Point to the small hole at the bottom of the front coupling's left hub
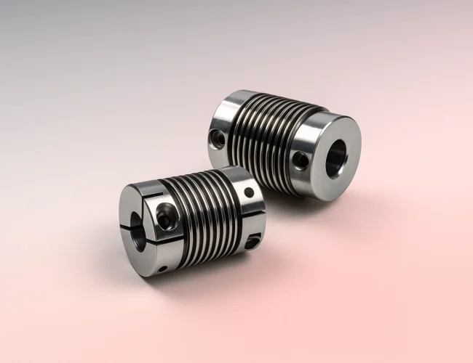click(162, 269)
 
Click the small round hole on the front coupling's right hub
click(249, 193)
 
